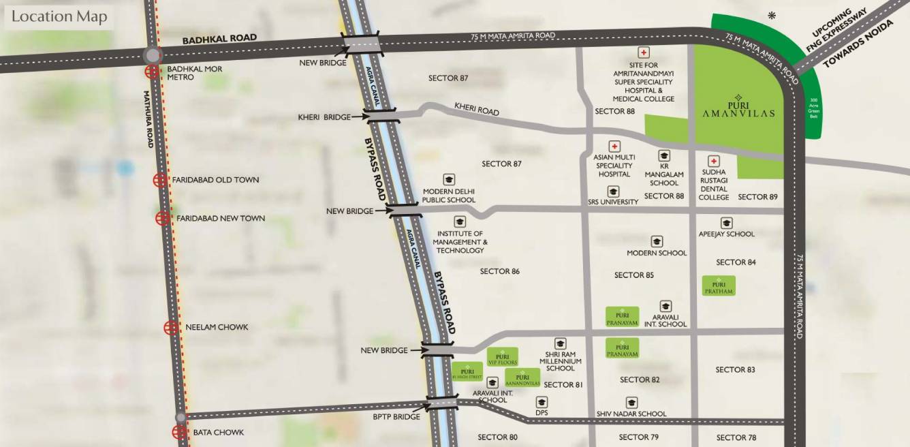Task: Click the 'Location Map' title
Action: point(59,17)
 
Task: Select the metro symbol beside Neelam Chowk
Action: point(171,328)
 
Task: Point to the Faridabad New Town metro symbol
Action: point(162,218)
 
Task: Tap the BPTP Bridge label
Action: point(396,416)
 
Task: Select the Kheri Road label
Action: point(477,109)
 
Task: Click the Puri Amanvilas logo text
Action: point(738,109)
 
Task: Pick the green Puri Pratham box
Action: point(719,286)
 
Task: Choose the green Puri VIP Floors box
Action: point(503,357)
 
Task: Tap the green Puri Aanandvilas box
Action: point(522,378)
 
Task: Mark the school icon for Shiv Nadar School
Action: point(631,403)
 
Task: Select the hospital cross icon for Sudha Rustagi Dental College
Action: point(714,161)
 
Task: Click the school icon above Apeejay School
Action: point(726,223)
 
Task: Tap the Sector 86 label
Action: point(500,271)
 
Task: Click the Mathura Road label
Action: point(149,119)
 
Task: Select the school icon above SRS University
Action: point(613,191)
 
